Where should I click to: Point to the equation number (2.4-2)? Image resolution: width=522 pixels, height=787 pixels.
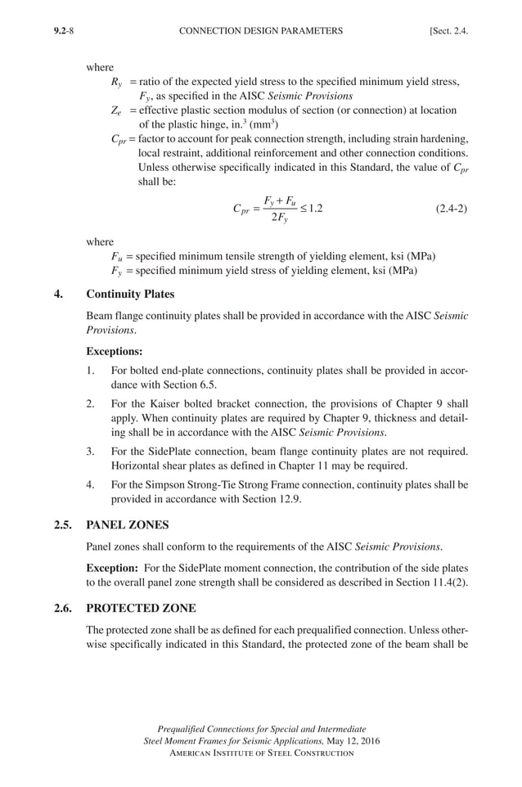[449, 208]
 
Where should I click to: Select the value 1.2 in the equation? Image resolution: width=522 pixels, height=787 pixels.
[313, 208]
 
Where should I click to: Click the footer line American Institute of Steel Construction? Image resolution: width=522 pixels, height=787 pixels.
[261, 753]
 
